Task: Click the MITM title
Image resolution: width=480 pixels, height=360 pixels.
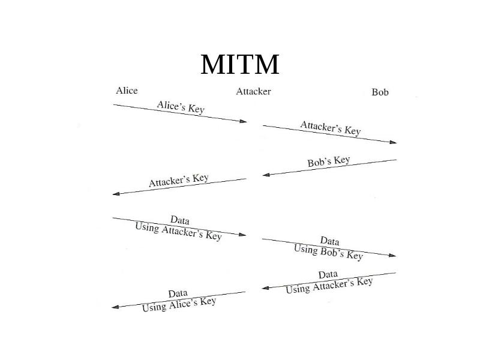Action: (x=239, y=64)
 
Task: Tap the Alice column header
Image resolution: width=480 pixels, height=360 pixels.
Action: (x=127, y=91)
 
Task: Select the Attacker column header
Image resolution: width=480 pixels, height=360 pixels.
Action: (x=253, y=92)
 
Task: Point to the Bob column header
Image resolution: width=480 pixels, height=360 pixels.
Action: (x=380, y=92)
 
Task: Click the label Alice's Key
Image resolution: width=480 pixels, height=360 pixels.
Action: (x=181, y=107)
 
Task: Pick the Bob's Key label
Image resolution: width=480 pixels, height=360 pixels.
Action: (x=329, y=161)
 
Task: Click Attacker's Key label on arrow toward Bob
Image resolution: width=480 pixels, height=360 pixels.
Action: (x=331, y=128)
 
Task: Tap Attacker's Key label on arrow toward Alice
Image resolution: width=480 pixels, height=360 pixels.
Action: (x=179, y=181)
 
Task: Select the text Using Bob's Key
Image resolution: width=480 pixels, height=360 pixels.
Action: (x=328, y=252)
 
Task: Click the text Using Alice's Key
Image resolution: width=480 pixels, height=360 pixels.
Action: (x=179, y=304)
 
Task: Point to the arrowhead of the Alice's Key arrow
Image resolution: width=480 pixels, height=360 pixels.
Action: (x=243, y=121)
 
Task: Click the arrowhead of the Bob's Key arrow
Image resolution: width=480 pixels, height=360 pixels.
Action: (x=266, y=175)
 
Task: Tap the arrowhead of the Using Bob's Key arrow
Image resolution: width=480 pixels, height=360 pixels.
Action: (x=392, y=255)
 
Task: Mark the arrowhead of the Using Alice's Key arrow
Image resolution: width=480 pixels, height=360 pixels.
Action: (x=115, y=307)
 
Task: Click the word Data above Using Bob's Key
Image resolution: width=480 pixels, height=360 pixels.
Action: (x=329, y=241)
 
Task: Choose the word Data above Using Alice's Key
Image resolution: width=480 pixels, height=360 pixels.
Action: (x=178, y=293)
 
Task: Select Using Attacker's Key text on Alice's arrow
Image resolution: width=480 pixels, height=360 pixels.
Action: (x=178, y=232)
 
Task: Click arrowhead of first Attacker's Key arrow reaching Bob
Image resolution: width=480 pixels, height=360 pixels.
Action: (x=393, y=142)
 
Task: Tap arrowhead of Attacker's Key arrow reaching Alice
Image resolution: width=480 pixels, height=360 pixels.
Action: (x=116, y=194)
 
